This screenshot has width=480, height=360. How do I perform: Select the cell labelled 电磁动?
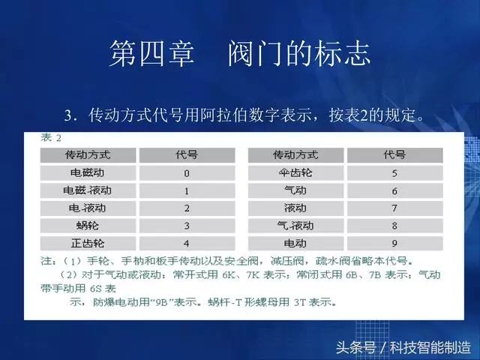(88, 173)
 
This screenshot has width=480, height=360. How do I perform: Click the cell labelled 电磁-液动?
(88, 191)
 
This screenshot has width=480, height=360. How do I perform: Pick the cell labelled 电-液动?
(88, 208)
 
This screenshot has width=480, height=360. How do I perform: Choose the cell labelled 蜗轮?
(88, 226)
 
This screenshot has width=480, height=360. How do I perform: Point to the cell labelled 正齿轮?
(88, 243)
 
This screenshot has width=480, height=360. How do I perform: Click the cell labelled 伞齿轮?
(295, 173)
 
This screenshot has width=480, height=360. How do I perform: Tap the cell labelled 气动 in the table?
(295, 191)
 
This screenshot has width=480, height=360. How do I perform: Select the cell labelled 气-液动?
(295, 226)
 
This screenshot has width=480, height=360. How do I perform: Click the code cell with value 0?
(186, 173)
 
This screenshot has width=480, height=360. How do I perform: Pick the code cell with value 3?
(186, 226)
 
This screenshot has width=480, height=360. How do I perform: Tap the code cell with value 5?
(394, 173)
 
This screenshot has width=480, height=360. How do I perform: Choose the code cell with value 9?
(394, 243)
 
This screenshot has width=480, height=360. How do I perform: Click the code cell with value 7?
(394, 208)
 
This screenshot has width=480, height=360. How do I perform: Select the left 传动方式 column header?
(88, 155)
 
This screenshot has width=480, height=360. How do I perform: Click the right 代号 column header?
(394, 155)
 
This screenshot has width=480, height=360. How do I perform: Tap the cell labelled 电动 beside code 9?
(295, 243)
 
